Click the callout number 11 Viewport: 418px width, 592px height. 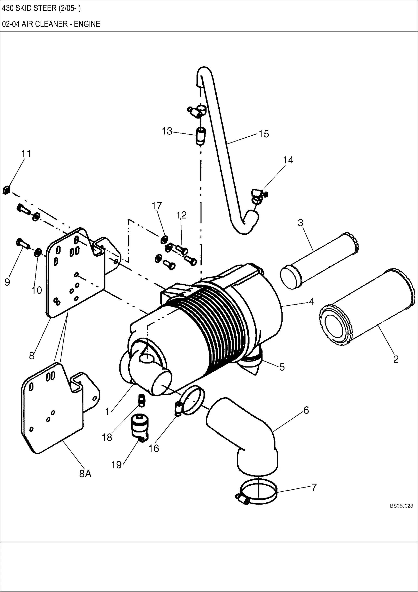[x=26, y=154]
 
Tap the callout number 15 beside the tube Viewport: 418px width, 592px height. [x=263, y=134]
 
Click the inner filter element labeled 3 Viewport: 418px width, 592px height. [x=319, y=260]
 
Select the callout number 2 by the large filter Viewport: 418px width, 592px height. [x=396, y=359]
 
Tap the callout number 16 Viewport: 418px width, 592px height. [x=153, y=449]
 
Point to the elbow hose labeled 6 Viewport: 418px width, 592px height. [x=247, y=436]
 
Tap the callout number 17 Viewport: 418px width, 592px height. [x=157, y=206]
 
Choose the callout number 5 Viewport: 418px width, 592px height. [x=282, y=367]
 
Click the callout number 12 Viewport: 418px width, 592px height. [x=181, y=215]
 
